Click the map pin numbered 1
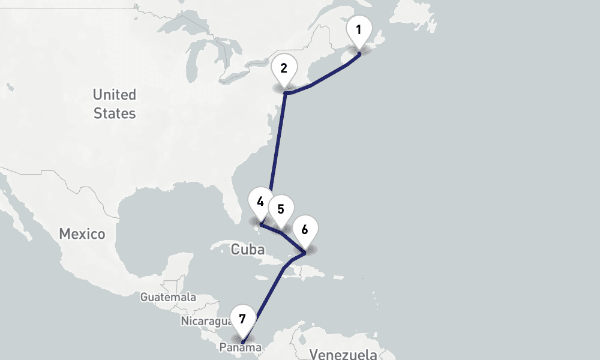pos(359,31)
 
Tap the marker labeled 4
pos(260,202)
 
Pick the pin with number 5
pos(280,210)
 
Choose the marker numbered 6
pos(305,230)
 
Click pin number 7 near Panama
pos(242,319)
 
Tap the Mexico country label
pos(82,234)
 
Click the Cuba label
pos(247,249)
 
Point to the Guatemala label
pos(168,297)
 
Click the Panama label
pos(241,348)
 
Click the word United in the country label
pos(114,95)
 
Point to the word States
pos(114,113)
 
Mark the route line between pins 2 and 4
pos(278,144)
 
